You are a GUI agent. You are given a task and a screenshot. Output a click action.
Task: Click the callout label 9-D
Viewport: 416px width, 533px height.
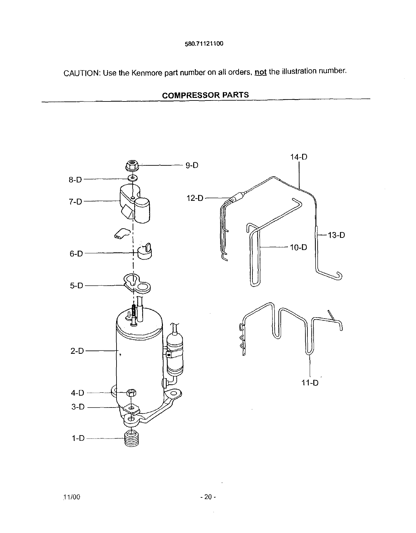click(192, 165)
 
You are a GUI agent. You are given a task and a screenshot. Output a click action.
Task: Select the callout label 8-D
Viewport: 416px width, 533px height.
click(75, 180)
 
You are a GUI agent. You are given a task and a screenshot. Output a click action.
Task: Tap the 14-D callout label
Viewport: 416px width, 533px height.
click(299, 157)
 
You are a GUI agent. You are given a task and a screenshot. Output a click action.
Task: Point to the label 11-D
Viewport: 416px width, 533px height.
click(310, 383)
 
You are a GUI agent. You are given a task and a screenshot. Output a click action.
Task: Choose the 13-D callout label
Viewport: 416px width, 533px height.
click(336, 235)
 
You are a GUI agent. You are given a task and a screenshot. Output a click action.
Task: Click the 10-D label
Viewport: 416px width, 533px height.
click(298, 247)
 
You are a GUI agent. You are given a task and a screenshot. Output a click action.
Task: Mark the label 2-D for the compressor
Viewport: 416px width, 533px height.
click(77, 351)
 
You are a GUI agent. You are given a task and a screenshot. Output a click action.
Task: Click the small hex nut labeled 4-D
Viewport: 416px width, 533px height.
click(131, 393)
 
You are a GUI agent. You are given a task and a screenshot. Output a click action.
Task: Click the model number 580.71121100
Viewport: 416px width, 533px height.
click(204, 44)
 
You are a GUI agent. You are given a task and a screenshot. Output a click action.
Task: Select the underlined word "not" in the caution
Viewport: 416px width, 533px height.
click(260, 72)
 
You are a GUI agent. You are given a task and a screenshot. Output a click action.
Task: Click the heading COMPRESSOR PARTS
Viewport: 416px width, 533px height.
click(205, 95)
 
